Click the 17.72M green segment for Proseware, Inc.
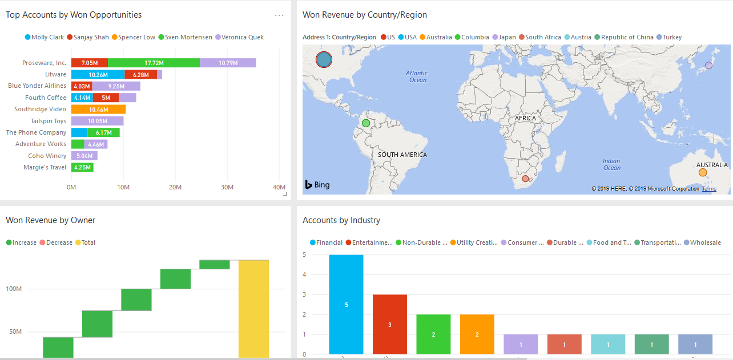154,63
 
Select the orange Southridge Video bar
98,109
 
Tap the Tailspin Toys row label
48,121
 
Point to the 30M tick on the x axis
227,187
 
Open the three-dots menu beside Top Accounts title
279,15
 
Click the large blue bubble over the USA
324,59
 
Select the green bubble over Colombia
366,123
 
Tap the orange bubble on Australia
703,172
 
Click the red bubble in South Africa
525,179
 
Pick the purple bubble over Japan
708,66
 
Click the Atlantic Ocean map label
417,76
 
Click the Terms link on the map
709,189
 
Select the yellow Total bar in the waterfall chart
253,308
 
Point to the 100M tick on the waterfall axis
14,289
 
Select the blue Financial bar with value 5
346,304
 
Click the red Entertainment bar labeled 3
390,324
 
